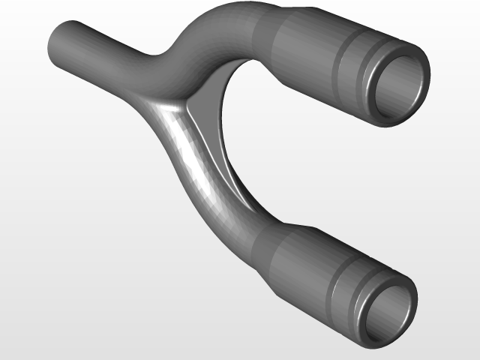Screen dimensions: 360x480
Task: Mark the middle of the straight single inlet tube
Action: (x=97, y=45)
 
